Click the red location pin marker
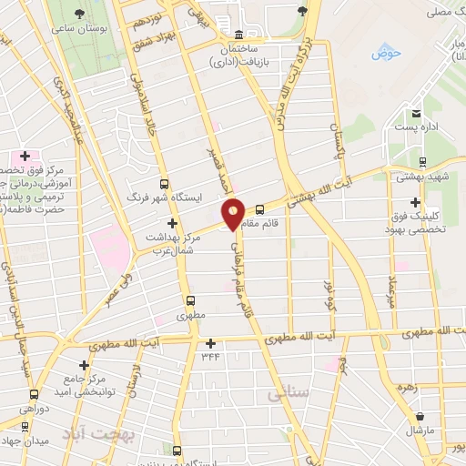234,213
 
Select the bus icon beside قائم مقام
259,208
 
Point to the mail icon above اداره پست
416,114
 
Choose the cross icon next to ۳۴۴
211,343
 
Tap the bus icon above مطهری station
190,300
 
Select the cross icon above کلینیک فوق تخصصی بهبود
416,202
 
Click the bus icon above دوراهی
34,394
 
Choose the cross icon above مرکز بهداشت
171,222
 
